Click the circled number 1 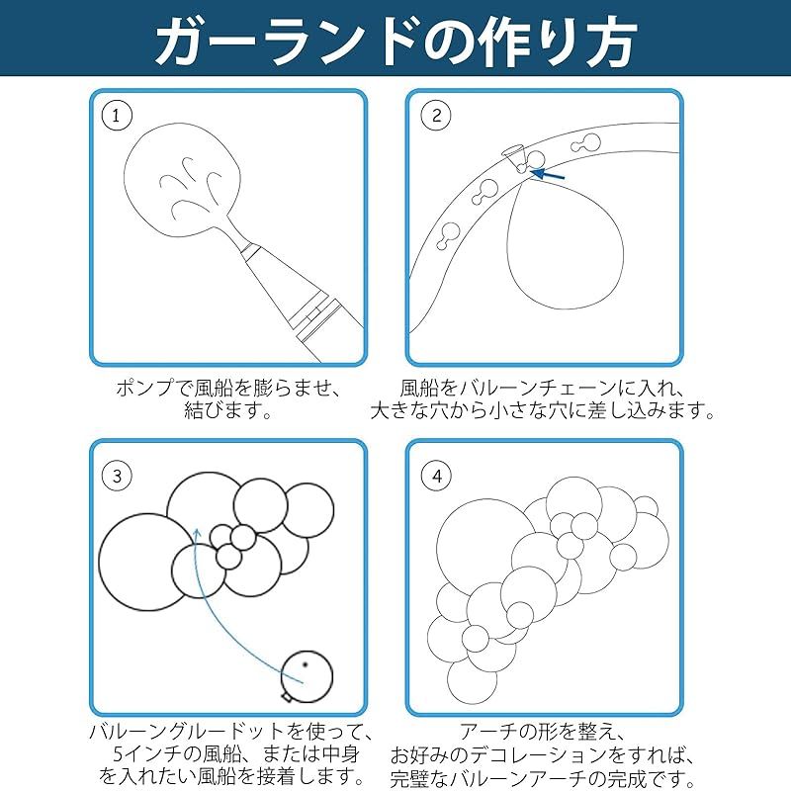(x=117, y=116)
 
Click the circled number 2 (x=436, y=116)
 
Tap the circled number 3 (x=117, y=476)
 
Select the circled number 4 (x=436, y=476)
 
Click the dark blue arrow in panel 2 (x=548, y=175)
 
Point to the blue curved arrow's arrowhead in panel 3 (x=197, y=533)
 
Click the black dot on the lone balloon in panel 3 (x=306, y=664)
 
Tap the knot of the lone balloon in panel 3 (x=287, y=697)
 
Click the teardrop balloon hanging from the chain (x=565, y=244)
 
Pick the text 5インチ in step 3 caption (x=146, y=754)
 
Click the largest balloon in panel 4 (x=486, y=549)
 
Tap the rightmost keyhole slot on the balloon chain (x=585, y=143)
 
